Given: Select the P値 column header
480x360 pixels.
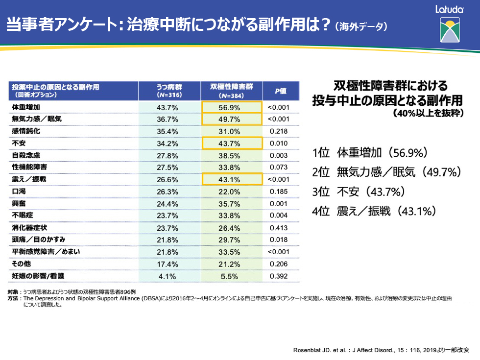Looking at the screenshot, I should coord(280,91).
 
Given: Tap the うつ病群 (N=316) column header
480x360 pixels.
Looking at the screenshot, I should coord(167,91).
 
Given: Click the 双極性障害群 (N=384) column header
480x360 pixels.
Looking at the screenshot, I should coord(232,91).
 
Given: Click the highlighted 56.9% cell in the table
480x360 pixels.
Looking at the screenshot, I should coord(232,107).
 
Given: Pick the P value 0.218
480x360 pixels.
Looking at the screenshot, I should coord(279,131).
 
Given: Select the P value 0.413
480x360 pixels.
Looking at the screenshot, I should coord(279,228).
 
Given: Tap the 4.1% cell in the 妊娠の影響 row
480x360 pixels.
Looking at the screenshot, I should coord(167,276).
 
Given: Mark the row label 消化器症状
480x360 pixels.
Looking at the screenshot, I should coord(29,228).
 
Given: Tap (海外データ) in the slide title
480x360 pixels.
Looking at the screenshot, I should coord(361,26).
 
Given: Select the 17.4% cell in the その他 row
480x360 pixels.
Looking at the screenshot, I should coord(167,264).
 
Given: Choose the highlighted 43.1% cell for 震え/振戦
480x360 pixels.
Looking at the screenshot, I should coord(232,179).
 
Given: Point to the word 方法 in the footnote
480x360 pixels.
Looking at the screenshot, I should coord(14,298).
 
